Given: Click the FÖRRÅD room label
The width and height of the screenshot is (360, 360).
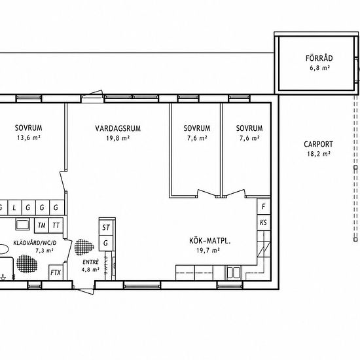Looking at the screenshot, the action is click(x=319, y=58).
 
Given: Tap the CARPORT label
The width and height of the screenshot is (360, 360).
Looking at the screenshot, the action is click(x=319, y=145).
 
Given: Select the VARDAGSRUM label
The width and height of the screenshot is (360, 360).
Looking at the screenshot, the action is click(x=118, y=128).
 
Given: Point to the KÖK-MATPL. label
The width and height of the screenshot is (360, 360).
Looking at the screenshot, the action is click(x=210, y=241).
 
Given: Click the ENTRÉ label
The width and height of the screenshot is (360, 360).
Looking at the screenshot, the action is click(x=91, y=262).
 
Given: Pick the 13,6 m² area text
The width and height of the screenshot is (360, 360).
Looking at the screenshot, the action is click(x=29, y=137).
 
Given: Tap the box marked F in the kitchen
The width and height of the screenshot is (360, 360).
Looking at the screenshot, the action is click(x=264, y=206).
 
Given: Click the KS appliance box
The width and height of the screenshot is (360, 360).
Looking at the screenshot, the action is click(x=264, y=223).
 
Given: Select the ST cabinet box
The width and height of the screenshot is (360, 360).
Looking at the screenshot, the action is click(x=106, y=227).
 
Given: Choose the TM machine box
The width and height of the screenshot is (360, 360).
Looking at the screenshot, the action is click(x=41, y=225).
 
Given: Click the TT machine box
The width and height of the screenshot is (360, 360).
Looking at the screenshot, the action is click(x=56, y=225).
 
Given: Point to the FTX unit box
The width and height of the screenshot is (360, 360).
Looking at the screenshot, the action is click(x=56, y=272).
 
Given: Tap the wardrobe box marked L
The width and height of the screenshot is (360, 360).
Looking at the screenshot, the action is click(x=14, y=207).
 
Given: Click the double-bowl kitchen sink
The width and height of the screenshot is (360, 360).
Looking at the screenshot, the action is click(x=234, y=272).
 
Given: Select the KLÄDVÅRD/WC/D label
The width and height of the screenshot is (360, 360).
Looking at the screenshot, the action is click(x=35, y=243).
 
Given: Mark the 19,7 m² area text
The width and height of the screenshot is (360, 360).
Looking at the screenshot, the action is click(x=208, y=250).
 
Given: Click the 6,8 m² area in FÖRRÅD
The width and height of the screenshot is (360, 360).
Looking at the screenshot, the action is click(x=320, y=68).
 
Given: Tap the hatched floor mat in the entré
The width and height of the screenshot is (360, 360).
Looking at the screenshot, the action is click(x=84, y=247).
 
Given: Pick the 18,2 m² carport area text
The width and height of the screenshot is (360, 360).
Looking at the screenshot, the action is click(x=319, y=154).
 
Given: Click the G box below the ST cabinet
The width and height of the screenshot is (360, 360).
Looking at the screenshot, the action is click(x=106, y=243).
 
